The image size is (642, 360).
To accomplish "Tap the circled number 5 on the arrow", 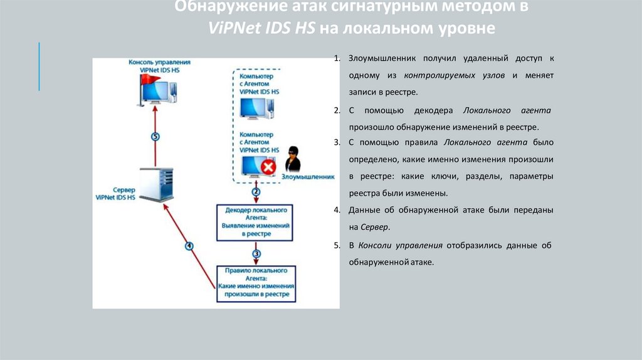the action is (155, 136).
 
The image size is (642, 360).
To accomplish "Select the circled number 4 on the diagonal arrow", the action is (189, 245).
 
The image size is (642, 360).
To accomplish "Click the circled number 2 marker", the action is (256, 191).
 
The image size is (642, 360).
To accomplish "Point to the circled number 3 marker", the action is (256, 253).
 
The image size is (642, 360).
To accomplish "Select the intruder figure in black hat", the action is (292, 159).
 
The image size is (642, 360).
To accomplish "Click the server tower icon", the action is (152, 184).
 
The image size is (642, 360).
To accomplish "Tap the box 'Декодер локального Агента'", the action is (256, 221).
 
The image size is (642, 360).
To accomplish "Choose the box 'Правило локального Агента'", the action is (256, 283).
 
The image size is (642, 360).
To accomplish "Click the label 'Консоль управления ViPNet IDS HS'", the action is (159, 66).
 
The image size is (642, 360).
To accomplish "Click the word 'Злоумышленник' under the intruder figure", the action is (308, 177).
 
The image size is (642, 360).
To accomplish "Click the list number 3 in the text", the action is (337, 142).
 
